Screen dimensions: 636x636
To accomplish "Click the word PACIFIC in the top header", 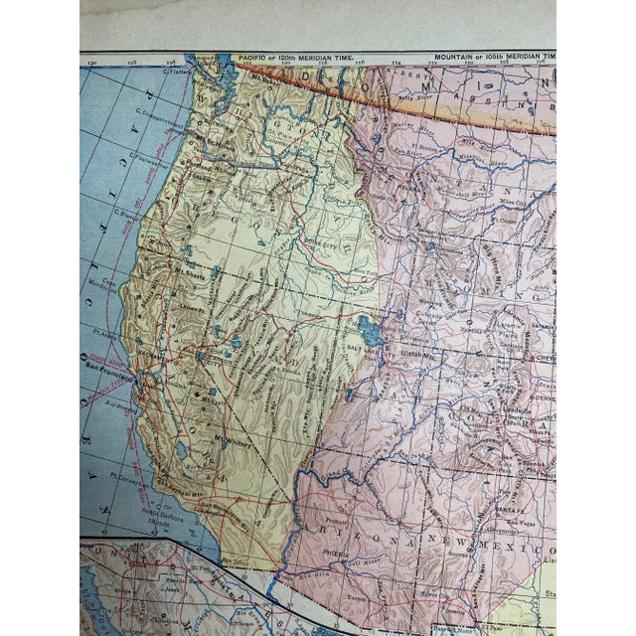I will click(x=254, y=59).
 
